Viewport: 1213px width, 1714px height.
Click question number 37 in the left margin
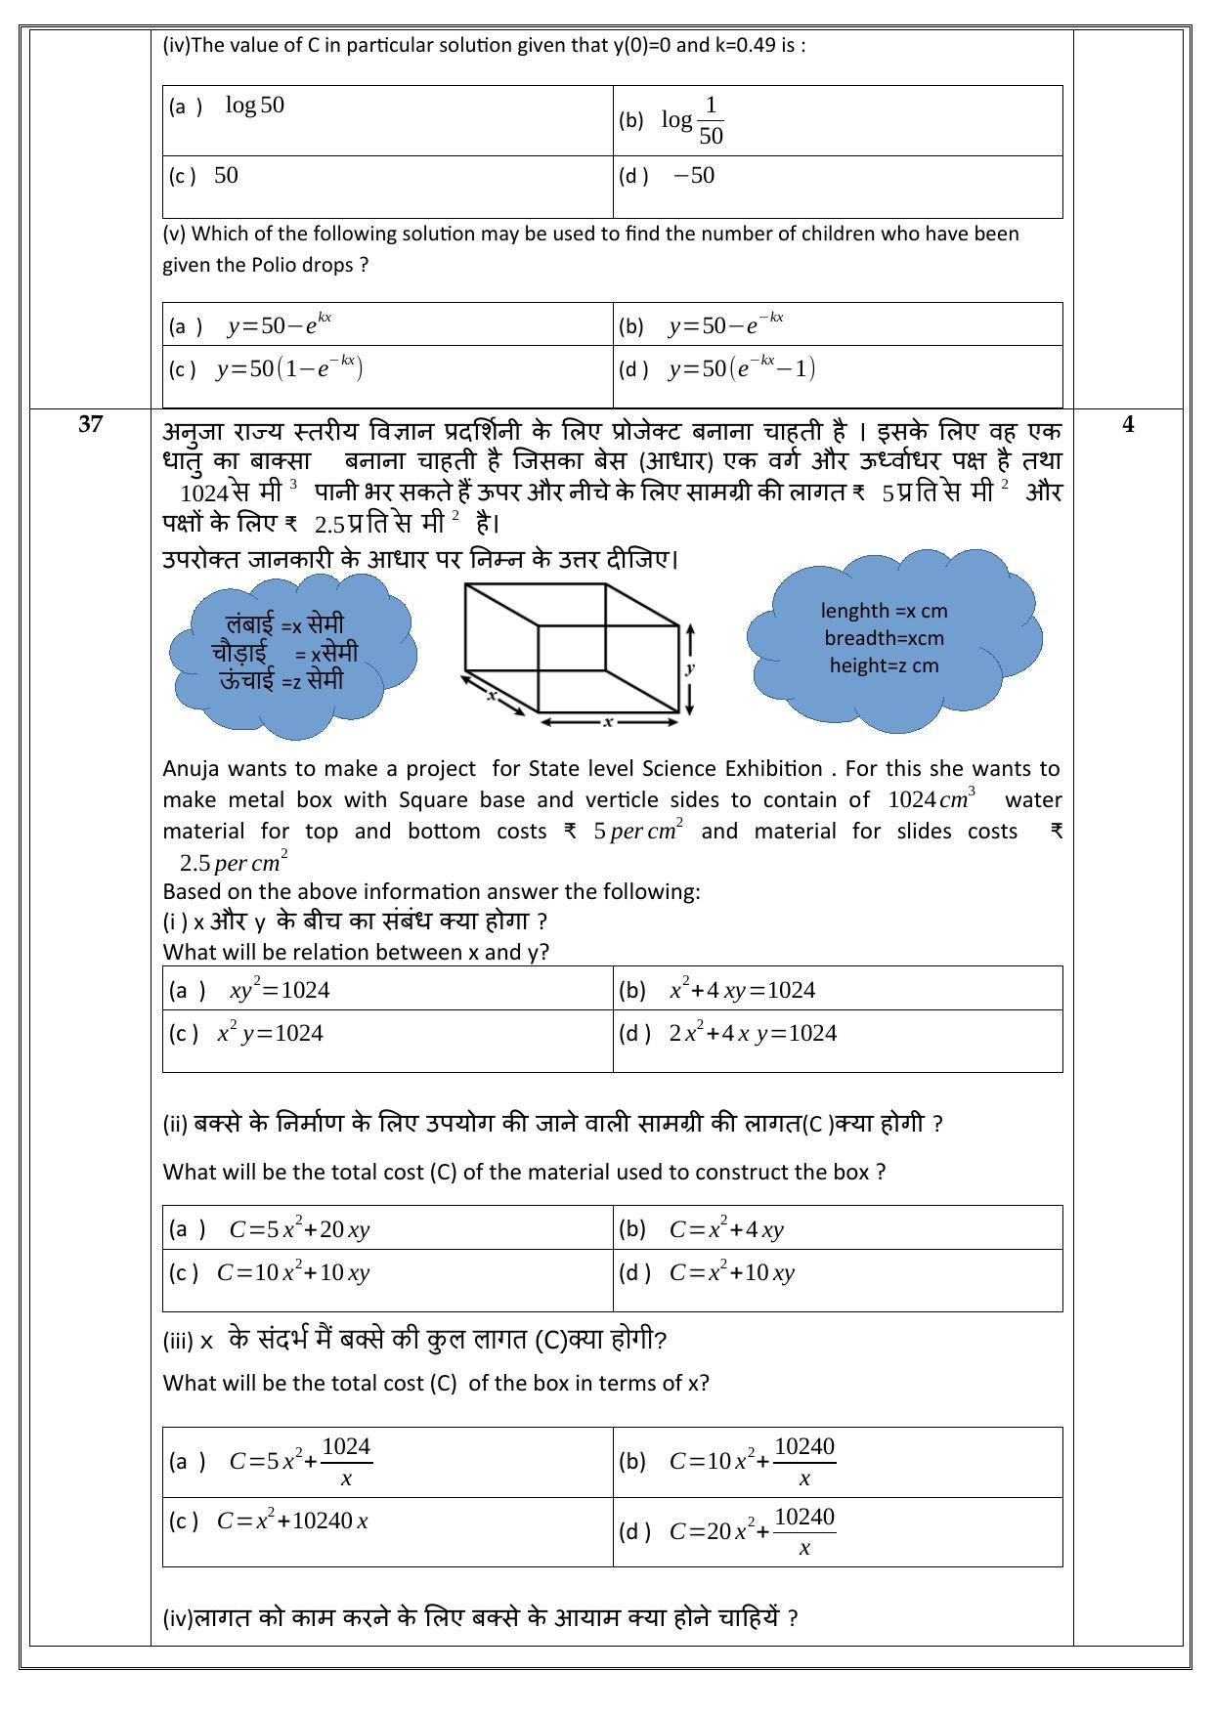point(90,424)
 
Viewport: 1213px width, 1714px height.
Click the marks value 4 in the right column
point(1128,424)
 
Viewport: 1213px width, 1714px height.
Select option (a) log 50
point(254,106)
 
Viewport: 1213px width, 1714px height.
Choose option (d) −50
point(694,176)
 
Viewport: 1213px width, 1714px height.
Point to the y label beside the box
point(690,668)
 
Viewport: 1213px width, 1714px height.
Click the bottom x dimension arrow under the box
point(608,722)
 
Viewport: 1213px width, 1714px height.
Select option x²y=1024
point(270,1033)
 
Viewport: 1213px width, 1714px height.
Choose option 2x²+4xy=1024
point(753,1033)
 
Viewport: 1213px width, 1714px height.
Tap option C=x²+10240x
point(292,1521)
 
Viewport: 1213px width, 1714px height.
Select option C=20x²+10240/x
point(753,1531)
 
